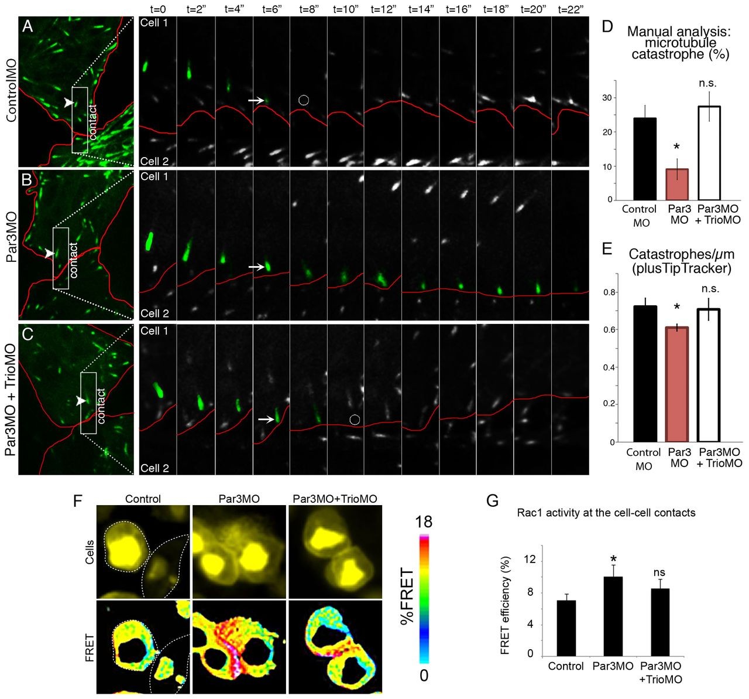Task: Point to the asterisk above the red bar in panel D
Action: (x=676, y=146)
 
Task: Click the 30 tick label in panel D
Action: (x=607, y=97)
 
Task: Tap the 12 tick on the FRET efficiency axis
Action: (x=530, y=561)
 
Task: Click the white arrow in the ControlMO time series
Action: (x=255, y=101)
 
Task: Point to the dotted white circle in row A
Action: (x=303, y=100)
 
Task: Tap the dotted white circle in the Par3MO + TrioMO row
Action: (x=354, y=419)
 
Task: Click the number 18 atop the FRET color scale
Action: (x=424, y=522)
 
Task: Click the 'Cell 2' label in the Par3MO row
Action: (x=154, y=313)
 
